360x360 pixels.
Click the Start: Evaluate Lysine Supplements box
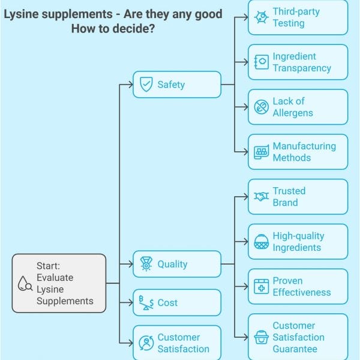59,283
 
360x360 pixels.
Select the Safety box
176,85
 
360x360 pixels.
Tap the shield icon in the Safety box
146,85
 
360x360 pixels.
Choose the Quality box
176,264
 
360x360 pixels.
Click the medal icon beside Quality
146,264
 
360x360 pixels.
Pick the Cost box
176,302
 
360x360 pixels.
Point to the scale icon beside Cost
146,302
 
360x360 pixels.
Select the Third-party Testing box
298,17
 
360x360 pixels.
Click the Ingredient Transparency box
298,62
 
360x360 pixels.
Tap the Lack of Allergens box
298,107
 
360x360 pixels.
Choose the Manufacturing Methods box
298,152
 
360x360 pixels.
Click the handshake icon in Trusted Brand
261,197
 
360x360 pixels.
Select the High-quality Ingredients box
298,242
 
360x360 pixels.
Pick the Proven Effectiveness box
298,286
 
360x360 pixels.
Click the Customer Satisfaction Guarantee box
298,337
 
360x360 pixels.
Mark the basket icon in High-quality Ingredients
261,242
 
